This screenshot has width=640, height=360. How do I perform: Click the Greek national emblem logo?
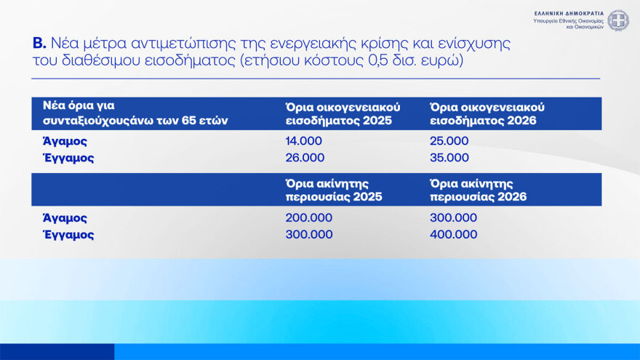click(618, 20)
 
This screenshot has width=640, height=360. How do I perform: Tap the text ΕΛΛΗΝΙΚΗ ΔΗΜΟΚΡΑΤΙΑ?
click(569, 13)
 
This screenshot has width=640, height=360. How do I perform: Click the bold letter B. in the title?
click(39, 44)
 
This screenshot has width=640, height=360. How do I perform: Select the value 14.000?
click(305, 141)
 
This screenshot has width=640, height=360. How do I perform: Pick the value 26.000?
click(305, 158)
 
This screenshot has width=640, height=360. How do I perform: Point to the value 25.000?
click(449, 141)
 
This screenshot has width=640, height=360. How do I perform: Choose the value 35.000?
click(449, 158)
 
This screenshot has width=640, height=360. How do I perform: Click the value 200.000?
click(308, 218)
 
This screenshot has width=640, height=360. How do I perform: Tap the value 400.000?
click(454, 235)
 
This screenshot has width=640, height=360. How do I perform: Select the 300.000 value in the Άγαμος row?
click(454, 218)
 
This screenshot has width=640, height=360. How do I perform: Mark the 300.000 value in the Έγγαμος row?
click(308, 235)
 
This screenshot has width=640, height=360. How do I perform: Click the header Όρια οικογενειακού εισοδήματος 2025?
click(342, 113)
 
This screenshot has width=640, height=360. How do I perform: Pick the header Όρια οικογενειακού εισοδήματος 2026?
click(487, 113)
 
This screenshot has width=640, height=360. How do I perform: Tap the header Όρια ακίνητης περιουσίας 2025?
click(334, 190)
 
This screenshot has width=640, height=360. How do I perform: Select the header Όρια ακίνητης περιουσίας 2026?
click(479, 190)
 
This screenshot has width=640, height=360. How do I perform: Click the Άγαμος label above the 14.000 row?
click(65, 141)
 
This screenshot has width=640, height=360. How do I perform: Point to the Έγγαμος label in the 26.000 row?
click(68, 158)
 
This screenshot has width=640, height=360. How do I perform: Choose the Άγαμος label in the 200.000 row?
click(65, 218)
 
